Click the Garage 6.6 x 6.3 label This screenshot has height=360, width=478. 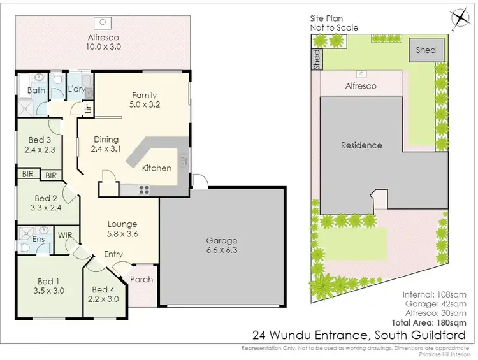221,245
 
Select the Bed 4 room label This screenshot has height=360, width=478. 103,294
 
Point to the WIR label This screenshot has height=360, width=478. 66,235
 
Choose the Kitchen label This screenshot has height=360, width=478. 157,168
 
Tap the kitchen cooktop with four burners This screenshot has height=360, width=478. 143,189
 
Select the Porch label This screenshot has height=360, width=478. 141,279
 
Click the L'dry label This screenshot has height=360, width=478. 76,89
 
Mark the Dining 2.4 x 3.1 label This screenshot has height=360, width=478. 106,144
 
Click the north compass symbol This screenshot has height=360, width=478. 458,17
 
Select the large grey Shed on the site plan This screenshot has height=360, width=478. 426,50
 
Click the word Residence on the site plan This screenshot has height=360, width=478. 361,145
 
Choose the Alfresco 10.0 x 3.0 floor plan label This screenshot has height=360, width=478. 104,41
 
